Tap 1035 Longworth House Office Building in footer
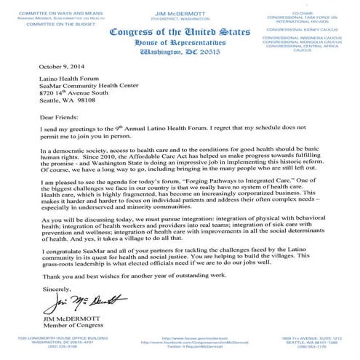click(x=47, y=338)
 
